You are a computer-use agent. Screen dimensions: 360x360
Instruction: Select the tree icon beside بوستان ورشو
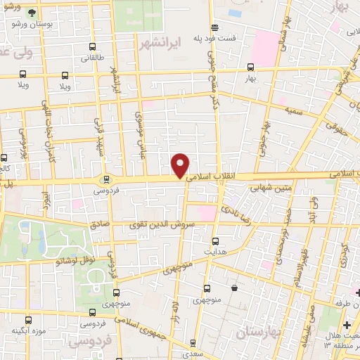tap(31, 12)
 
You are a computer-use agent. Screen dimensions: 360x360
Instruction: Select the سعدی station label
tap(194, 356)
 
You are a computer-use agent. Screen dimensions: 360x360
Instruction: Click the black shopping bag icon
tap(234, 288)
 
